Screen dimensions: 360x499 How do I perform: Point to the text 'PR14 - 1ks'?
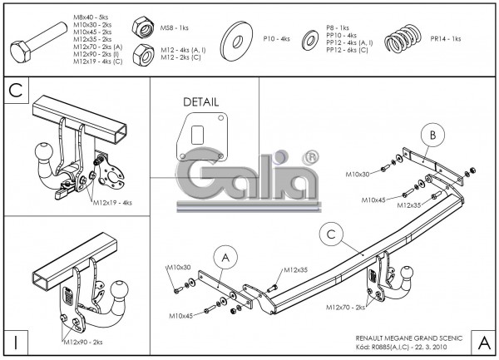click(447, 38)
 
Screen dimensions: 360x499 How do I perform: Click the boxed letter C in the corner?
click(16, 90)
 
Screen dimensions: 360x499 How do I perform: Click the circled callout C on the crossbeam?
click(331, 235)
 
